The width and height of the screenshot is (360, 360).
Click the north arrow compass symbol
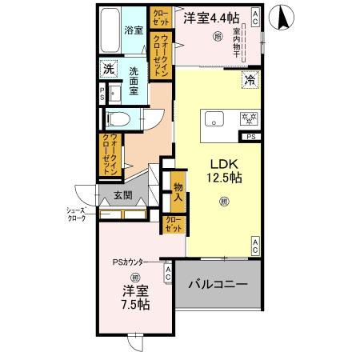pos(281,17)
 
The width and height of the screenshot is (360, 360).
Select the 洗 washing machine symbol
pos(108,70)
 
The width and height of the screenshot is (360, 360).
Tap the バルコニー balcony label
pos(218,285)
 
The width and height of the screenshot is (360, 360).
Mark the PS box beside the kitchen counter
pos(251,138)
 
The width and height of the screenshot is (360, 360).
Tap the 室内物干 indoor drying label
pos(237,44)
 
